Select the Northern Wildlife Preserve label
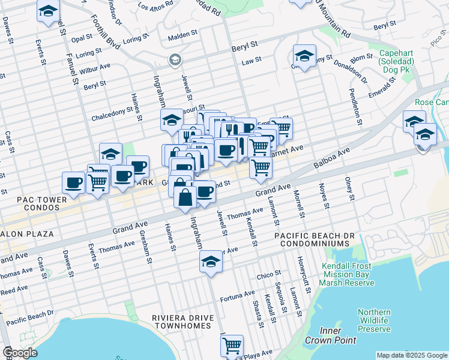pos(374,320)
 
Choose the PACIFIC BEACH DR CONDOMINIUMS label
pos(312,240)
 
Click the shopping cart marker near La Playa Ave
pos(232,345)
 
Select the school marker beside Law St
pos(304,56)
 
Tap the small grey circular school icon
pos(175,59)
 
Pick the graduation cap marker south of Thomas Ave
pos(210,262)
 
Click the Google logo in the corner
pos(20,353)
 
